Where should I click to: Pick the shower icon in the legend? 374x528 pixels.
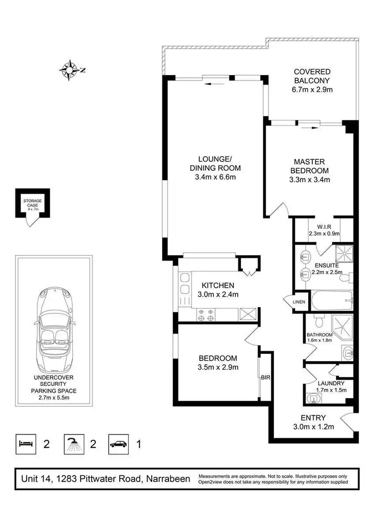click(73, 443)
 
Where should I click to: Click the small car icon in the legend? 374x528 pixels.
click(119, 443)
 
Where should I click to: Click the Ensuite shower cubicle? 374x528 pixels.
click(344, 254)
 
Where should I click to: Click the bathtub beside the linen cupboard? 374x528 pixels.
click(332, 301)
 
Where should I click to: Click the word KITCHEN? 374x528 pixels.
click(217, 286)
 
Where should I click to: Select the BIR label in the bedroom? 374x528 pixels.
click(265, 378)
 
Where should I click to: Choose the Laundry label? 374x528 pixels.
click(331, 383)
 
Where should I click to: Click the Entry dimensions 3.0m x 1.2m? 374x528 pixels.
click(313, 426)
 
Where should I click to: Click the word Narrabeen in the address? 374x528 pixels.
click(168, 479)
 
